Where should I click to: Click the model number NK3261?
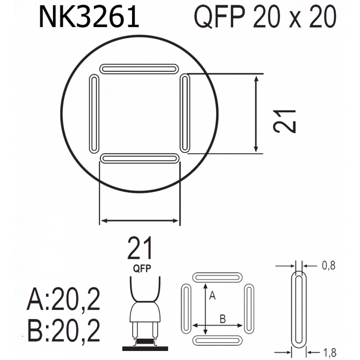point(89,17)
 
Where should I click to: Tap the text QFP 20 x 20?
point(265,17)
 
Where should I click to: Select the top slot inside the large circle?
point(139,69)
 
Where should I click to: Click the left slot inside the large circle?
point(94,114)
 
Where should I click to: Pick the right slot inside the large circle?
point(185,113)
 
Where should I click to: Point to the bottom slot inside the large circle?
point(140,158)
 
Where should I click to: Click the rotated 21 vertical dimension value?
point(284,121)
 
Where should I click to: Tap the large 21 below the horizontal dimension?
point(140,248)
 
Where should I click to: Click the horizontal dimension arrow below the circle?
point(140,221)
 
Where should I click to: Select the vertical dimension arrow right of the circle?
point(256,114)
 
